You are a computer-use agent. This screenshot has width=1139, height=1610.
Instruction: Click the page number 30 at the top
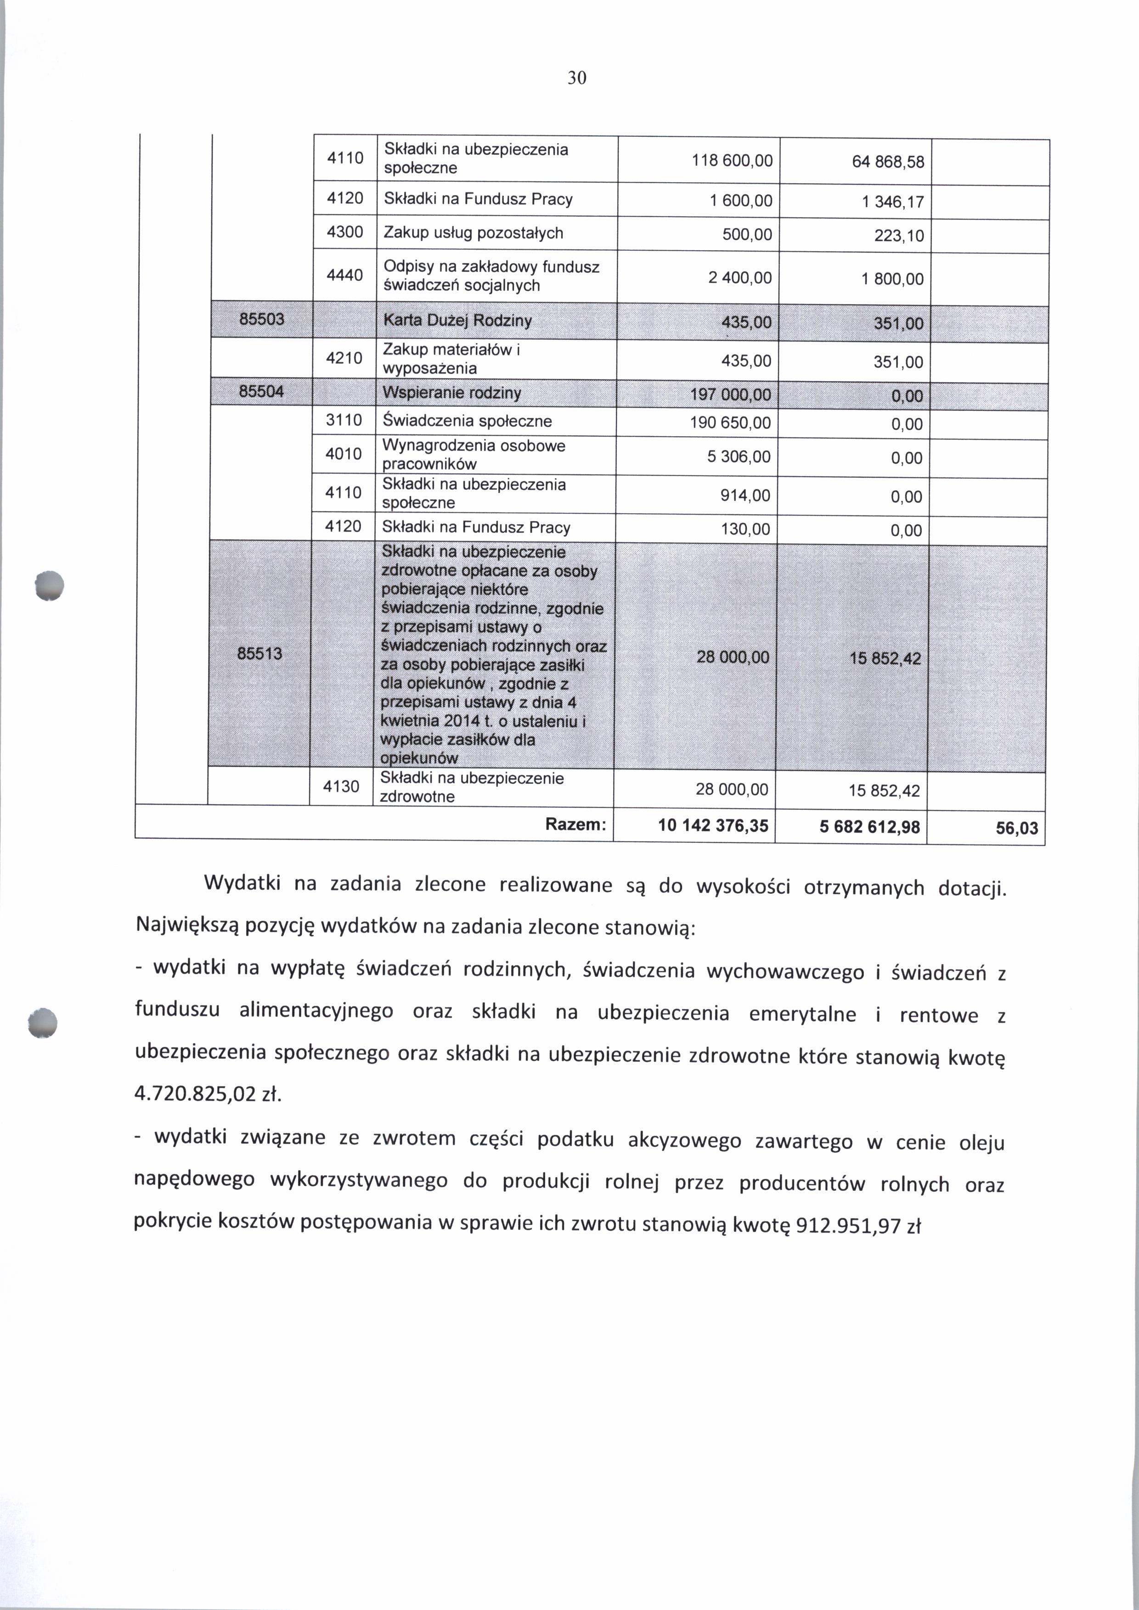pos(576,78)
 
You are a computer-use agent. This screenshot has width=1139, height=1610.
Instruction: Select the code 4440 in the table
pos(345,275)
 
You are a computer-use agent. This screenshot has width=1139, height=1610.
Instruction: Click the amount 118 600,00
pos(732,161)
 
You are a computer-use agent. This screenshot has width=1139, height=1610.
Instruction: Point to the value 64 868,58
pos(888,163)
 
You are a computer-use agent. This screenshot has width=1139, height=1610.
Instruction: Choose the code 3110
pos(344,421)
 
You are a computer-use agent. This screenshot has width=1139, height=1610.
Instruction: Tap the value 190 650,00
pos(732,423)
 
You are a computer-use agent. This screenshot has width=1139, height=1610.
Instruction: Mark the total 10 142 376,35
pos(713,826)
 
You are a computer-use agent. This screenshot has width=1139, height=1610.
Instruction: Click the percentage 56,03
pos(1016,829)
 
